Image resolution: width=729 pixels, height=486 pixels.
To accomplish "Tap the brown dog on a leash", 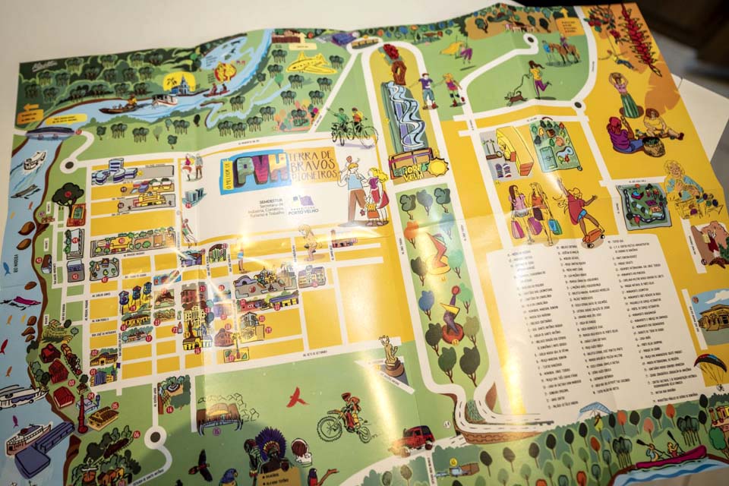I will click(x=517, y=96).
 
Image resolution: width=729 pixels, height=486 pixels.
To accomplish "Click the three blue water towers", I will click(x=135, y=298).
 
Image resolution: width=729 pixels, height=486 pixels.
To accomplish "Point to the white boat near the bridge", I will click(x=34, y=160).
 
